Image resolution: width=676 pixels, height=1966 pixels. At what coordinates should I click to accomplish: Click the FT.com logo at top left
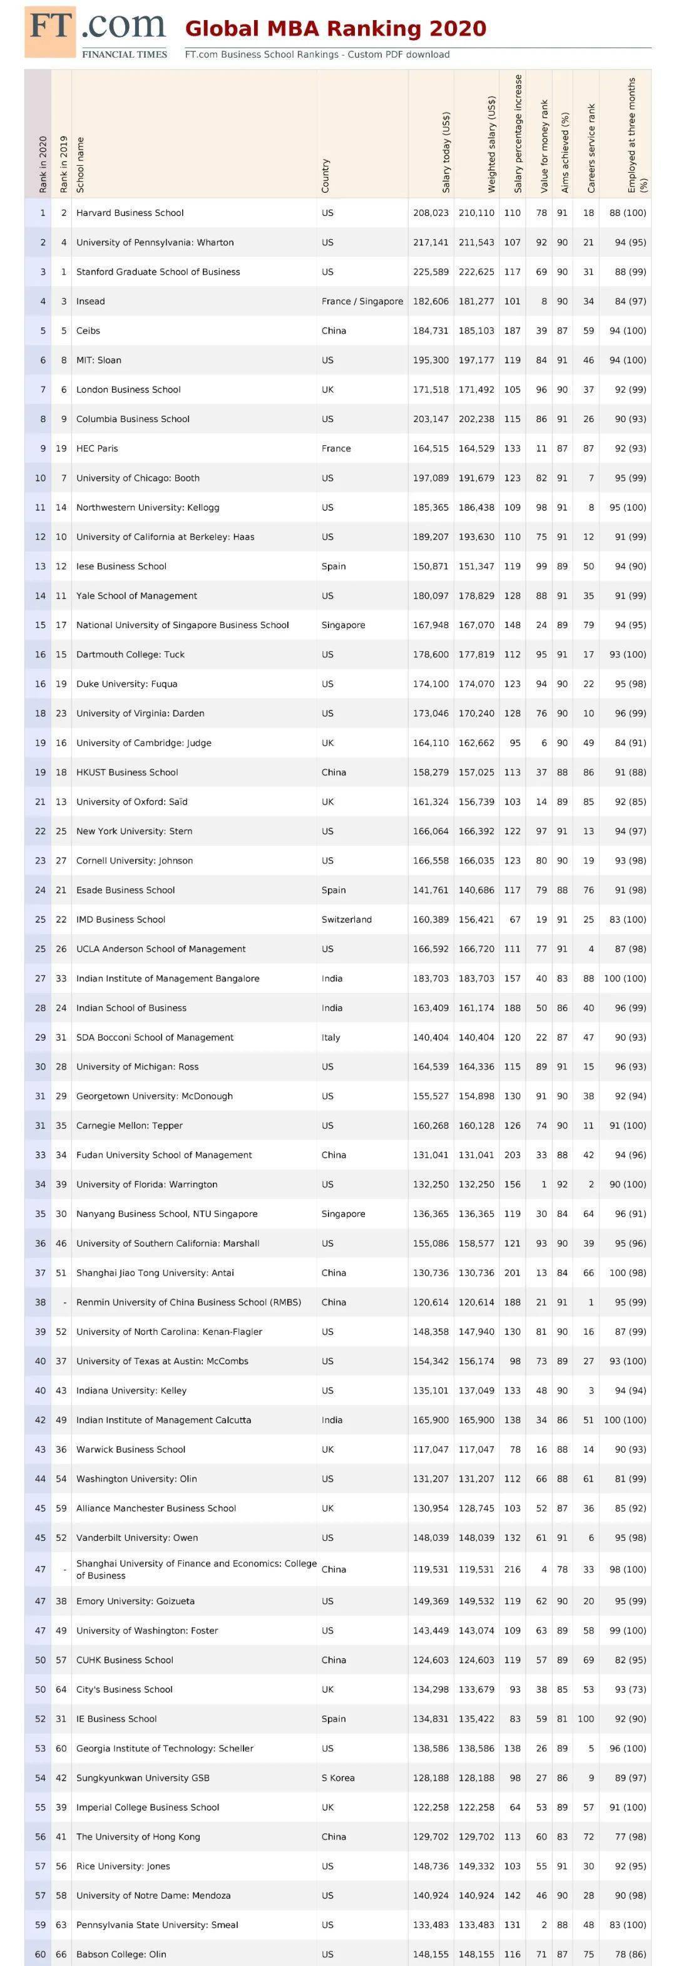point(96,32)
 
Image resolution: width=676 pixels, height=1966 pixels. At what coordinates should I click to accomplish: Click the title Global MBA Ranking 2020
point(335,29)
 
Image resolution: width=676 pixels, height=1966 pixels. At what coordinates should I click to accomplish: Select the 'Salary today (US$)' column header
point(446,153)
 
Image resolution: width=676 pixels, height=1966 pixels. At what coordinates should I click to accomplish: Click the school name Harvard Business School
point(130,213)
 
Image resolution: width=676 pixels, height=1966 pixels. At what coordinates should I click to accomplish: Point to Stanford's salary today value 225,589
point(431,272)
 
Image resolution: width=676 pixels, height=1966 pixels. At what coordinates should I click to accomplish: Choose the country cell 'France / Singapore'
point(362,301)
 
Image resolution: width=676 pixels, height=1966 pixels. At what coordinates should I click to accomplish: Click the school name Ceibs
point(88,331)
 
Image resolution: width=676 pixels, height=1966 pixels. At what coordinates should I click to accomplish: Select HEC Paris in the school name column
point(97,449)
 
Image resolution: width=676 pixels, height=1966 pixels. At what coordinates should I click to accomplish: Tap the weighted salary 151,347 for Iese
point(476,566)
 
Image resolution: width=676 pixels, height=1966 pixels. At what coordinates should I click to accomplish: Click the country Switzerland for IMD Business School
point(346,920)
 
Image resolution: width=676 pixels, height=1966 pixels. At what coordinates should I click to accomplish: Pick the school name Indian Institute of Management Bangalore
point(168,979)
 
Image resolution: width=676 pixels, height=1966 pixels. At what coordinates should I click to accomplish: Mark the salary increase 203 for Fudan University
point(512,1155)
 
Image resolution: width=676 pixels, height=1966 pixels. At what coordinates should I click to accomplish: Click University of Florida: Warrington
point(146,1185)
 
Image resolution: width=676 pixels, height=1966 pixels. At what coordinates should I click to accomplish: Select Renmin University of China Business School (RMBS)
point(188,1302)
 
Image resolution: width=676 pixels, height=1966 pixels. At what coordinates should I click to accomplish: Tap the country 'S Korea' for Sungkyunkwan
point(338,1778)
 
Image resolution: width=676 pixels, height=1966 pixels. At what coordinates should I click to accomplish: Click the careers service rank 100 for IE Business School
point(585,1719)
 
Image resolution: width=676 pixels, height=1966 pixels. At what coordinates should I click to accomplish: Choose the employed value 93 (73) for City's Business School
point(630,1689)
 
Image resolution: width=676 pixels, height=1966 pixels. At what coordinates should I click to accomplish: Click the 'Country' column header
point(325,175)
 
